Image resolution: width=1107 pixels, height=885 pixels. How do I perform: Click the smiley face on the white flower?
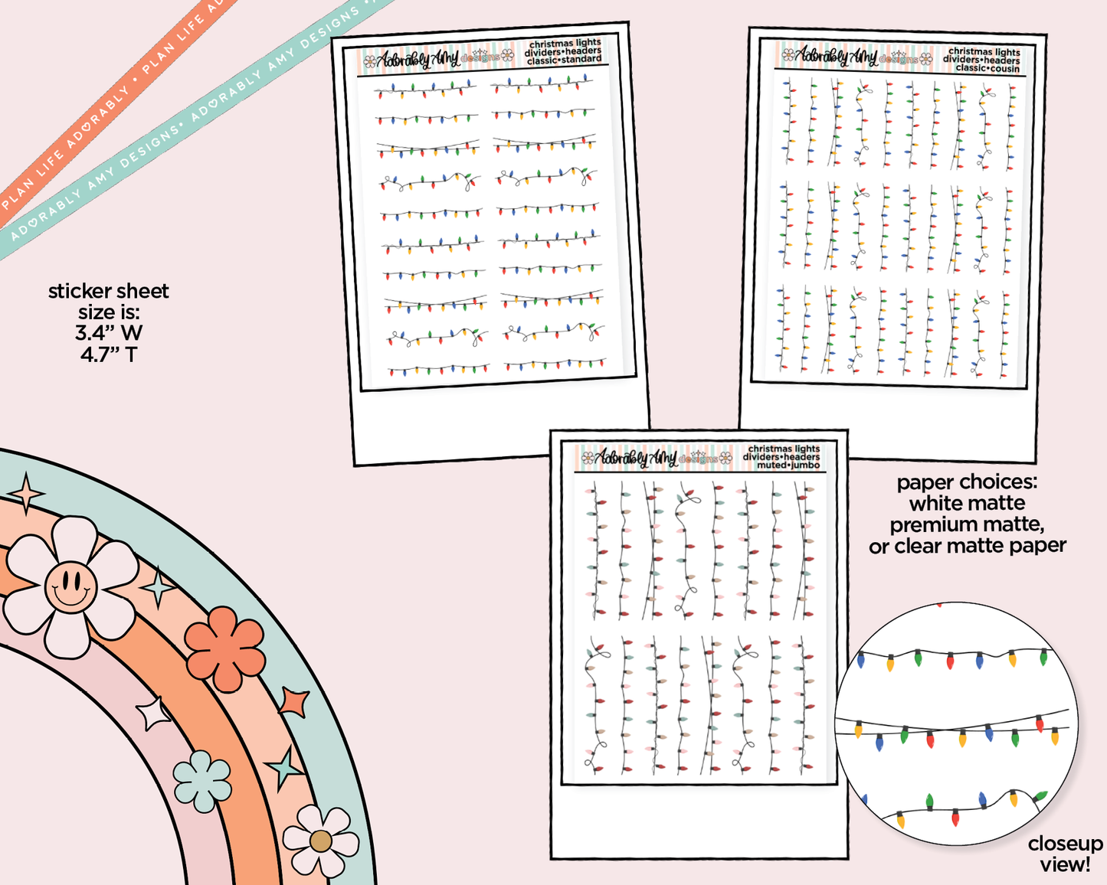[70, 586]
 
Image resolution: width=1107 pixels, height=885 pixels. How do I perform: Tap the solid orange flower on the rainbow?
[225, 648]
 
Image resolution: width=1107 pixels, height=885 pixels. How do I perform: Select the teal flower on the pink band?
[202, 781]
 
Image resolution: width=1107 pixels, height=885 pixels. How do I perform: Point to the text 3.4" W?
[109, 333]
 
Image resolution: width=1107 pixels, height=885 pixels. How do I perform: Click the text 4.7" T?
[109, 354]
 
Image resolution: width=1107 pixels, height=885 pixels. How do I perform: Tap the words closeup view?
[1065, 854]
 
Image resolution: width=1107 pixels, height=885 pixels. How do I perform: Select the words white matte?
[967, 504]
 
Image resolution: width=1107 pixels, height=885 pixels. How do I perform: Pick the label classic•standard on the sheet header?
[565, 60]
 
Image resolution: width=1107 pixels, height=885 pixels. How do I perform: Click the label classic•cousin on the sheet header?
[987, 68]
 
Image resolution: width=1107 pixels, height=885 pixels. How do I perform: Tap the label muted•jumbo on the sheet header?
[788, 465]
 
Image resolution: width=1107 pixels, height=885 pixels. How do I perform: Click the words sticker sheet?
[109, 292]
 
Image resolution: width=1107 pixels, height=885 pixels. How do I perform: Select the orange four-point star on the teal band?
[293, 701]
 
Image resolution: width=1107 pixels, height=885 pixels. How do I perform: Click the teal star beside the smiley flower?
[159, 588]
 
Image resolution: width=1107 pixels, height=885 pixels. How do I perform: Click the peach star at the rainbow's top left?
[27, 493]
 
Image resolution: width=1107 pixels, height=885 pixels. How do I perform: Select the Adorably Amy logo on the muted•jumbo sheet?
[651, 458]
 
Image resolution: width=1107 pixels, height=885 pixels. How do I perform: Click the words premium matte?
[967, 525]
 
